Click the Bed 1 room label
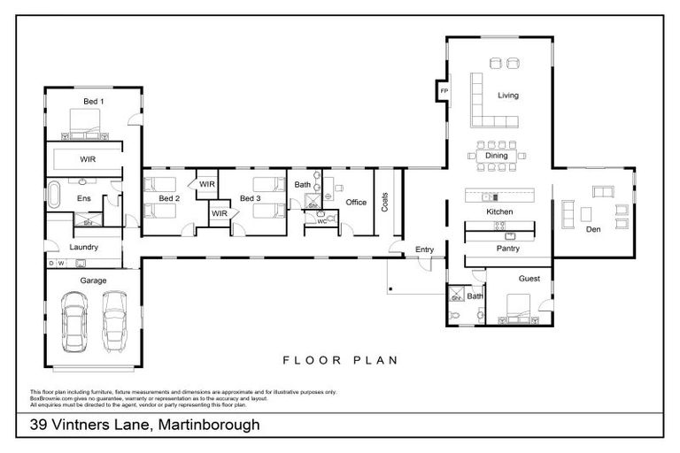pyautogui.click(x=94, y=102)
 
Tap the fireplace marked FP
pyautogui.click(x=444, y=91)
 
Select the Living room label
pyautogui.click(x=507, y=96)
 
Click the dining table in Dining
pyautogui.click(x=497, y=156)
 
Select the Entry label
pyautogui.click(x=425, y=250)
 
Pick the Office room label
pyautogui.click(x=356, y=203)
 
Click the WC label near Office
pyautogui.click(x=321, y=221)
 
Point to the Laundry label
pyautogui.click(x=85, y=248)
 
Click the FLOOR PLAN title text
pyautogui.click(x=340, y=360)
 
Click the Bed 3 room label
pyautogui.click(x=251, y=198)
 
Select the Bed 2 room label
pyautogui.click(x=169, y=198)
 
